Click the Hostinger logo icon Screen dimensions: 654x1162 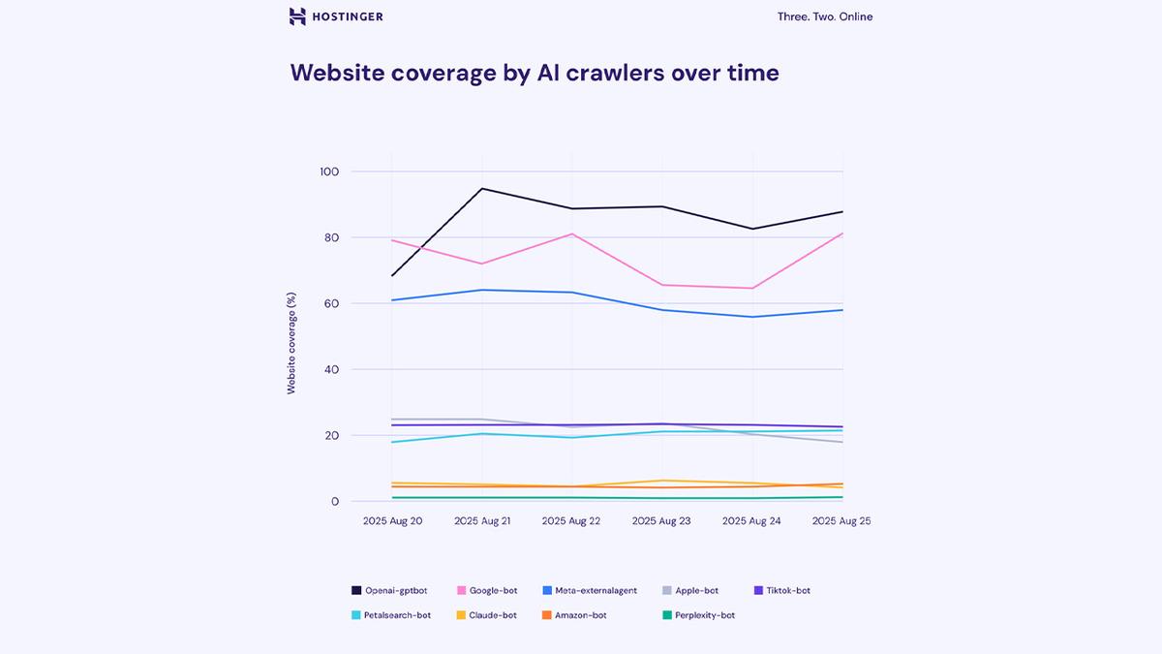(298, 16)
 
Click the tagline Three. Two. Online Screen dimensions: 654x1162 (824, 16)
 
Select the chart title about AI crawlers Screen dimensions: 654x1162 (535, 73)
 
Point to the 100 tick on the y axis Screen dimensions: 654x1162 (329, 171)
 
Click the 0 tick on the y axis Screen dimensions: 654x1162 (334, 501)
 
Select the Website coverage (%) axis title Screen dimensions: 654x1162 (291, 343)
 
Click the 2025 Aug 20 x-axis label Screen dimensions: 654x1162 (392, 521)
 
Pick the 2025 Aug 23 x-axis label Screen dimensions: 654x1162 (661, 521)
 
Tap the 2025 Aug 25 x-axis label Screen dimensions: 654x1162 (841, 521)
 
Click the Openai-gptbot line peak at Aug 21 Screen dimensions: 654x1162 (482, 189)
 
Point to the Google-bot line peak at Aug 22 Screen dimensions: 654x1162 (572, 234)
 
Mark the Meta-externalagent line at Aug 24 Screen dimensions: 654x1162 (752, 317)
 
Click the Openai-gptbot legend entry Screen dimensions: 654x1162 (389, 590)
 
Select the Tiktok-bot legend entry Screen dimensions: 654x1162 (781, 590)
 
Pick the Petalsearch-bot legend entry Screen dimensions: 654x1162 (391, 615)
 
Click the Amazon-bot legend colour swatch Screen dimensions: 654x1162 (547, 615)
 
